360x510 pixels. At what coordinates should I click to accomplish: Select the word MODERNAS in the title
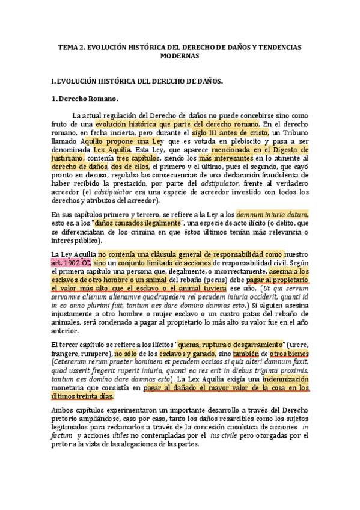pos(180,55)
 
